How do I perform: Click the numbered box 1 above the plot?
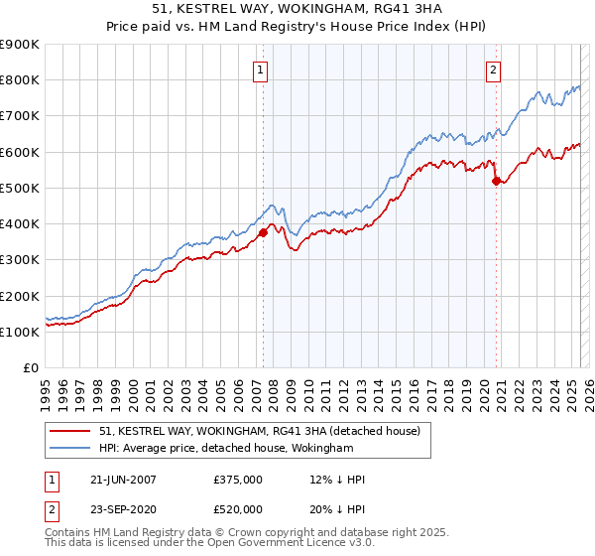point(259,69)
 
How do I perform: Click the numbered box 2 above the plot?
point(493,69)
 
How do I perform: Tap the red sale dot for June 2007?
point(264,232)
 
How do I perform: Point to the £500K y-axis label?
point(19,188)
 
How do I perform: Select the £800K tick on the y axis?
point(19,80)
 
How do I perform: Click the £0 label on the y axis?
point(30,367)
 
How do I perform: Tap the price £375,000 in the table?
point(237,480)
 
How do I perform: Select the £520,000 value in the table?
point(237,509)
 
